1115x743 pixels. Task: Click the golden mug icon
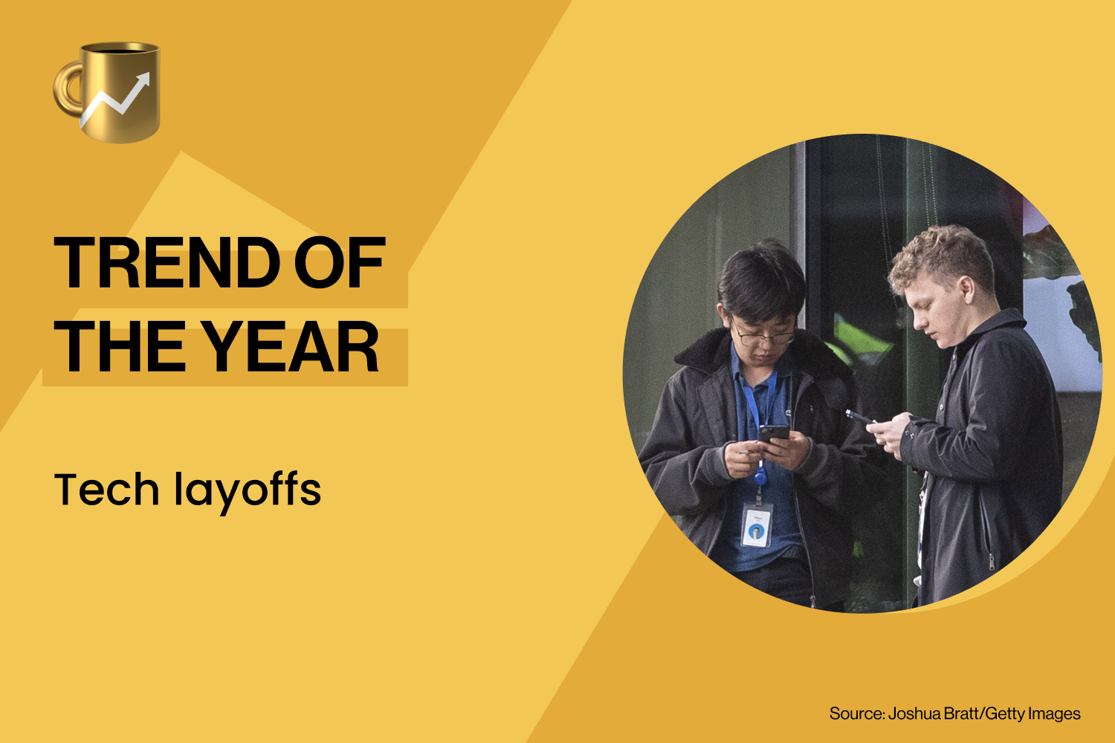[x=111, y=93]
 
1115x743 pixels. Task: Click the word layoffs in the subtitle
[x=248, y=491]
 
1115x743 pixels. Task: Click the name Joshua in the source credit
[x=914, y=714]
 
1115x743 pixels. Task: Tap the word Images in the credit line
[x=1054, y=714]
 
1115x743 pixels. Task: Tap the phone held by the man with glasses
[x=773, y=433]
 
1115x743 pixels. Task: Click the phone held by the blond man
[x=859, y=416]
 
